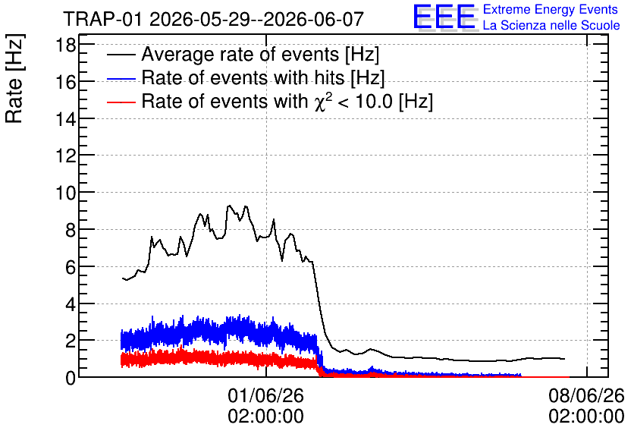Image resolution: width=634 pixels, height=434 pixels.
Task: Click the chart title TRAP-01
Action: (x=102, y=19)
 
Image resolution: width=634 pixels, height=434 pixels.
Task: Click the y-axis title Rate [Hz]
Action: (x=14, y=78)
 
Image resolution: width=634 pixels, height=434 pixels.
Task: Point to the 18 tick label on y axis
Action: (x=65, y=45)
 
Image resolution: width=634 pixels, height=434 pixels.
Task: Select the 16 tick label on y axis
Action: (x=65, y=82)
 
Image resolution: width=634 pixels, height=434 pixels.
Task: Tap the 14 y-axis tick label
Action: (x=65, y=119)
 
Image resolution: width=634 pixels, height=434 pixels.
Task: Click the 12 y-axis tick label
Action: (x=65, y=156)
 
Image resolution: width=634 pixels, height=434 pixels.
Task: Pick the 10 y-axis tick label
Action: (x=65, y=193)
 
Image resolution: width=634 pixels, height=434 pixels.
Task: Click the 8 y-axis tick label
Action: (x=71, y=230)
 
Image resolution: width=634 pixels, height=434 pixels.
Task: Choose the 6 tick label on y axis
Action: (x=71, y=267)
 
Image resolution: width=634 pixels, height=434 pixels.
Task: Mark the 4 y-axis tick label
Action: (x=71, y=304)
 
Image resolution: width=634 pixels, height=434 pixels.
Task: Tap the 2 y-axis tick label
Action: (x=71, y=341)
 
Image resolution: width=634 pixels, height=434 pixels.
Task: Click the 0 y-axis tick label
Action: (x=71, y=378)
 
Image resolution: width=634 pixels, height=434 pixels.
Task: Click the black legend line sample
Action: (x=121, y=55)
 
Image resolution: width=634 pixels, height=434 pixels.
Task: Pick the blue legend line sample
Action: (x=121, y=79)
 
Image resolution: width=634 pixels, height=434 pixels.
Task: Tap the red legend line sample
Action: (x=121, y=102)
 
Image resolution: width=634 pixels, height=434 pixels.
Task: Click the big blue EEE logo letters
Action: (x=444, y=17)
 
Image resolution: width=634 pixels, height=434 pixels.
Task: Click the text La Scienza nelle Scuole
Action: (x=551, y=26)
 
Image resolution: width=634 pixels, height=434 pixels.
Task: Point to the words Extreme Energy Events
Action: (x=551, y=9)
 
